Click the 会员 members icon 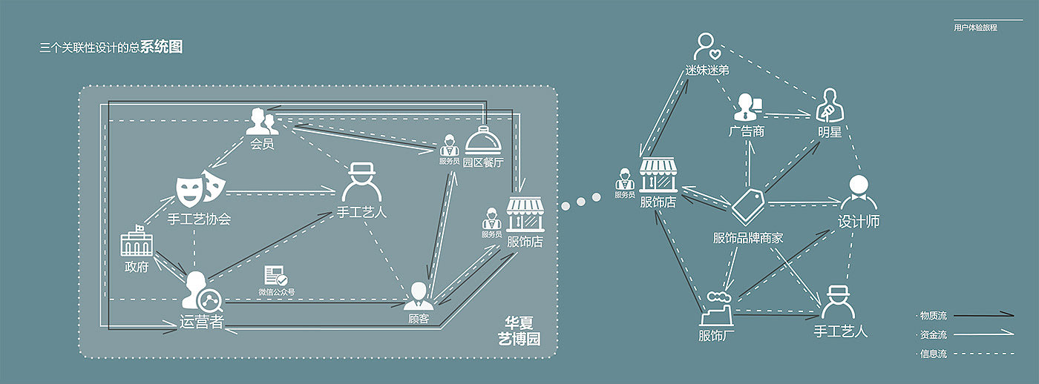pos(261,121)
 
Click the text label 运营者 pos(202,322)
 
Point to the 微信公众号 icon pos(276,276)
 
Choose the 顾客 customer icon pos(418,295)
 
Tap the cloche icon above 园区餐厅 pos(482,139)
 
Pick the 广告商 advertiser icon pos(746,107)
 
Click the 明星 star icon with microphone pos(829,105)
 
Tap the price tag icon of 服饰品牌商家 pos(747,205)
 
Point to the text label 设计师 pos(859,222)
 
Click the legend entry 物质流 pos(933,316)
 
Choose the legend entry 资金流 pos(933,335)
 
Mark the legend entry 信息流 pos(933,354)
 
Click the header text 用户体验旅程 pos(975,27)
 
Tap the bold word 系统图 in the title pos(161,47)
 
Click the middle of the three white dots pos(581,201)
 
